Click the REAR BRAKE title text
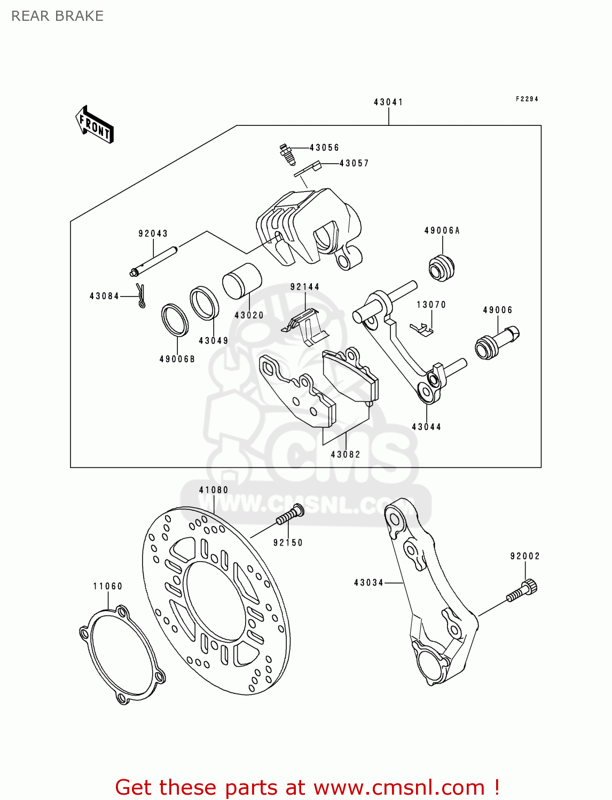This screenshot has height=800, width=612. (57, 16)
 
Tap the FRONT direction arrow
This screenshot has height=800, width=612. (94, 124)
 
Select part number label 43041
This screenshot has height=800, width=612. (388, 102)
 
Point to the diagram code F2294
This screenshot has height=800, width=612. (527, 99)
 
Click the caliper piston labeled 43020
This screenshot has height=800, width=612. (242, 281)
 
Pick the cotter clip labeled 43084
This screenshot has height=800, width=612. (141, 295)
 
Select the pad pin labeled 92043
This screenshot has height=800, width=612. (154, 261)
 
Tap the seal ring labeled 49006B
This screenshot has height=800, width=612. (175, 320)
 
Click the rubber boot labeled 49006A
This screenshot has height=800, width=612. (441, 268)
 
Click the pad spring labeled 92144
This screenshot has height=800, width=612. (305, 326)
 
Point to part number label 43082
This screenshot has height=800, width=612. (345, 454)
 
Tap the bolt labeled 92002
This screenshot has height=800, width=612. (522, 591)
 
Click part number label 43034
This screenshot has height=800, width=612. (368, 583)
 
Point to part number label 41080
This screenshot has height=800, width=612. (214, 490)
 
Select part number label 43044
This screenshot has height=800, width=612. (426, 427)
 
